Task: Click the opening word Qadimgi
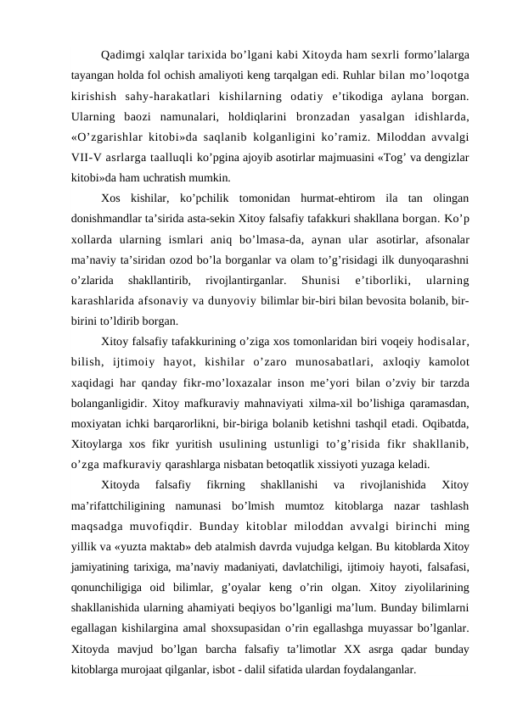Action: point(121,56)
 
